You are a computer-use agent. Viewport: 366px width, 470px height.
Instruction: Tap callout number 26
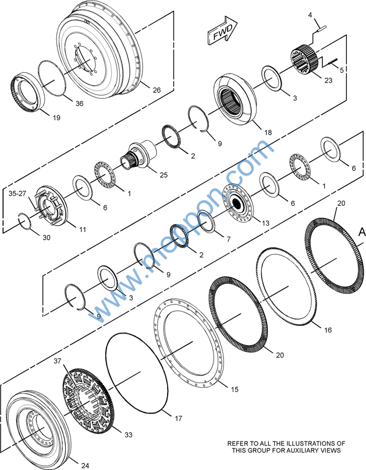tap(156, 90)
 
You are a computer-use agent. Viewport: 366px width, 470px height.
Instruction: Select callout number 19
tap(56, 118)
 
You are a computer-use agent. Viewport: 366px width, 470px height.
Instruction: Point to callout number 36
tap(80, 103)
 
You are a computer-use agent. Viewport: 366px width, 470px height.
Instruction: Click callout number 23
tap(328, 80)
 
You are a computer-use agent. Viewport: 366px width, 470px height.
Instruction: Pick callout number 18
tap(268, 133)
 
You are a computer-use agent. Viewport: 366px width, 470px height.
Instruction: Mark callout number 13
tap(266, 223)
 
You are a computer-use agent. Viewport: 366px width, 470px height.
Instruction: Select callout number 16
tap(328, 330)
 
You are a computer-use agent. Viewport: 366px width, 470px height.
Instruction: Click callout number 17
tap(179, 418)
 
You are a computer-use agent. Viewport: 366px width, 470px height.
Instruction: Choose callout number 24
tap(85, 465)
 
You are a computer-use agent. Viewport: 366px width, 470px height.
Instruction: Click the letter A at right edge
tap(361, 232)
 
